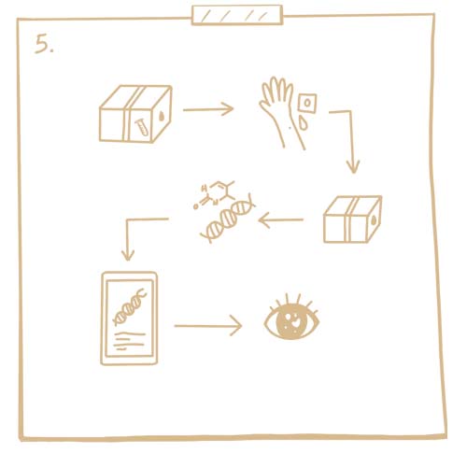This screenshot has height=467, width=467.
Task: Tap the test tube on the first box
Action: click(x=142, y=127)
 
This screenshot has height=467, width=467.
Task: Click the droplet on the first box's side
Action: click(x=162, y=116)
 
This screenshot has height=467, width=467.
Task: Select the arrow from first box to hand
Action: click(x=208, y=109)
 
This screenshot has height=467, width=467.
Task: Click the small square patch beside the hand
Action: click(x=307, y=103)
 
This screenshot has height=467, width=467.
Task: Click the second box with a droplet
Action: click(x=352, y=219)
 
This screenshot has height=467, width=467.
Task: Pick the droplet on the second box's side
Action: click(x=374, y=220)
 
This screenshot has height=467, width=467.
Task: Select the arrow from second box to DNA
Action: click(x=281, y=220)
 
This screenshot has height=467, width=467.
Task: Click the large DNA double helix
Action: click(x=228, y=218)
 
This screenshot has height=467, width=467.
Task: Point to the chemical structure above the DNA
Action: click(x=214, y=194)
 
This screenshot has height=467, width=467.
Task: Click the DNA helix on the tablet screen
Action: click(x=130, y=306)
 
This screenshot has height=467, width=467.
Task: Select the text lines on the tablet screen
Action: click(x=129, y=341)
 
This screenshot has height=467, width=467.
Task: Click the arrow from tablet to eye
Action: click(x=208, y=326)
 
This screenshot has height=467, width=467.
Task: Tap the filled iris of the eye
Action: click(x=292, y=322)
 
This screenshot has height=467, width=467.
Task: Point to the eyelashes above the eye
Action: click(x=292, y=302)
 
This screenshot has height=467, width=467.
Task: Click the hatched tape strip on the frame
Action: click(x=237, y=15)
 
